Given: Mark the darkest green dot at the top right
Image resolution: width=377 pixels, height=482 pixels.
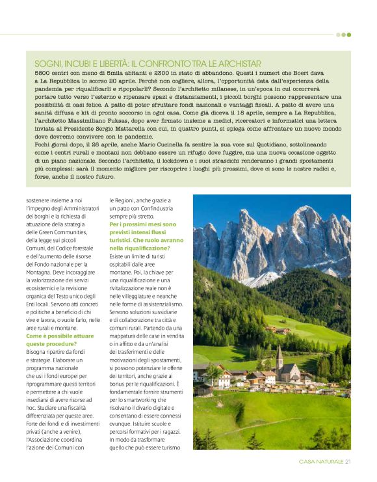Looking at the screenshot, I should [348, 35].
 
